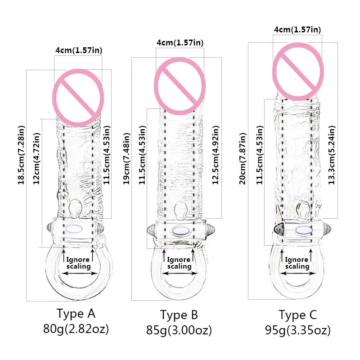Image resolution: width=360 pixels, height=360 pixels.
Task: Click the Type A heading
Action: click(76, 313)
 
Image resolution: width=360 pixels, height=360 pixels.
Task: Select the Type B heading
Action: click(179, 315)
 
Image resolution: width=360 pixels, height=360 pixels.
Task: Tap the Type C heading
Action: click(298, 315)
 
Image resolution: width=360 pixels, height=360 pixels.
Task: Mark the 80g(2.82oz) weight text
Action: click(76, 329)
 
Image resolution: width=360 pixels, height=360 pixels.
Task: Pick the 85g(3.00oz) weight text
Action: click(179, 331)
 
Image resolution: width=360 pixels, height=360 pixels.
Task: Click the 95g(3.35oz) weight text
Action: click(298, 331)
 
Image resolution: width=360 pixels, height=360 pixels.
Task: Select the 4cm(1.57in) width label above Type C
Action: click(297, 30)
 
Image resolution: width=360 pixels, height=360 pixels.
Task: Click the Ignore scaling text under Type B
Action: click(179, 263)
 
